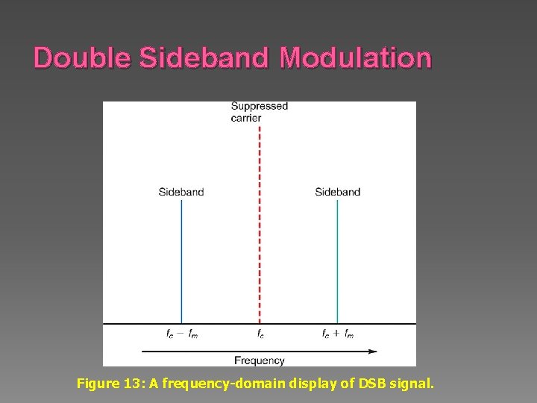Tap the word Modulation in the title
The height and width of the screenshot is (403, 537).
[356, 57]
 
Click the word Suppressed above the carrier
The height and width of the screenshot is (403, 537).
[259, 106]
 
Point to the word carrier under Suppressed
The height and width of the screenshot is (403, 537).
[246, 118]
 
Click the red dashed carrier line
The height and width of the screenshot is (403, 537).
[260, 224]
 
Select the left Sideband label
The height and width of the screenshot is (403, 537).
[181, 192]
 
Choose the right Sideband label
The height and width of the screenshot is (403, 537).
[337, 192]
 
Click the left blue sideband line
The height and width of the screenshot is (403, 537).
[181, 261]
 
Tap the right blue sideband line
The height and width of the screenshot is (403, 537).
[337, 261]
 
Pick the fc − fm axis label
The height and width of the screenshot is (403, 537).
[182, 334]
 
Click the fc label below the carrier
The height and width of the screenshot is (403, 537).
[260, 334]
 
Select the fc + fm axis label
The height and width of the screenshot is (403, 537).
[338, 334]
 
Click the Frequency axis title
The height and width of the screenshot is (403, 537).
[260, 360]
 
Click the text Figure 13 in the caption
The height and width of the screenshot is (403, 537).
[104, 384]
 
